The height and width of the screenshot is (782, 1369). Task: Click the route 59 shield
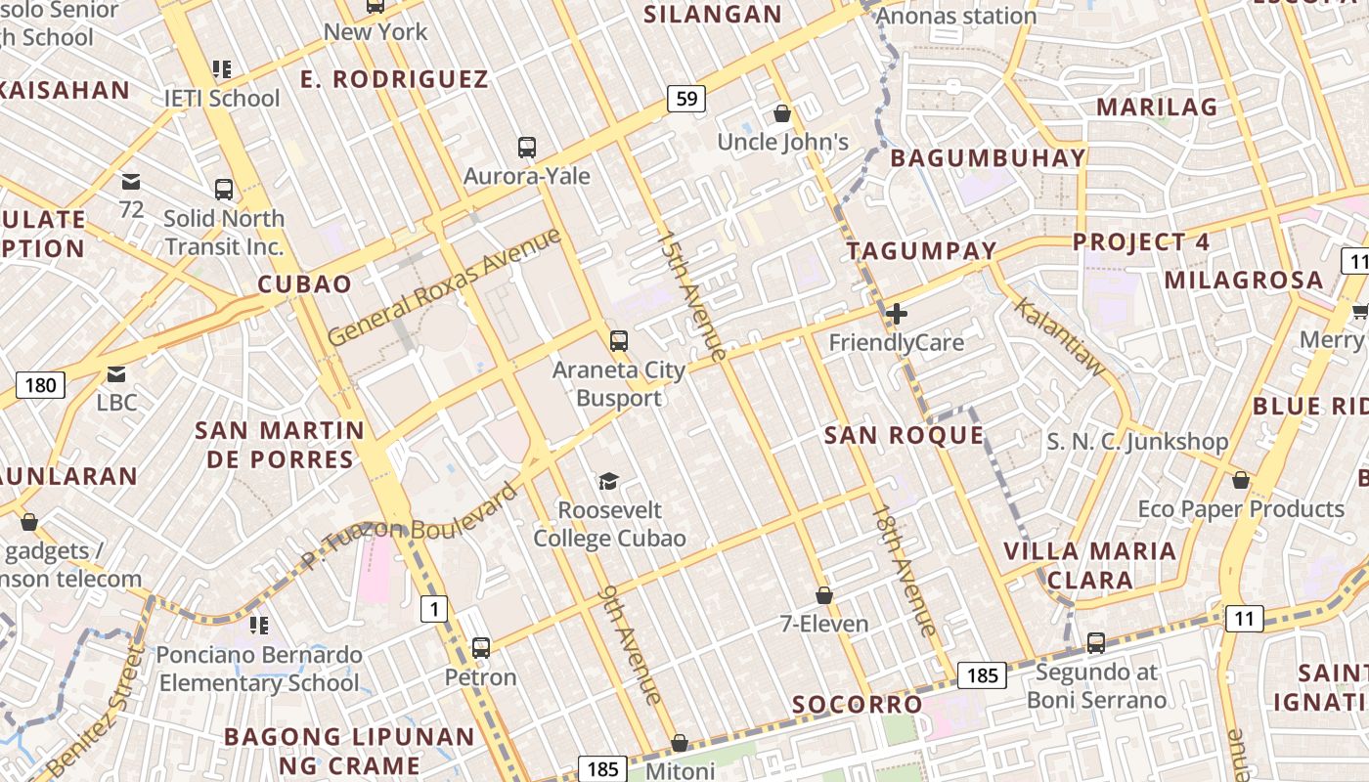click(686, 98)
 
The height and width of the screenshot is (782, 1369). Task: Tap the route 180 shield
click(40, 385)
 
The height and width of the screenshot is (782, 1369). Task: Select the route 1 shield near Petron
click(434, 610)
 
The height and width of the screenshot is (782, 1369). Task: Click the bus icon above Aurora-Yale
click(527, 148)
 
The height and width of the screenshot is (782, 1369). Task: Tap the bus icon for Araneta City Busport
click(619, 341)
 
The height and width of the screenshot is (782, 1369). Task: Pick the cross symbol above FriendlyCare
click(896, 314)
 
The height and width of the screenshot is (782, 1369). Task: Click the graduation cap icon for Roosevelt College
click(609, 481)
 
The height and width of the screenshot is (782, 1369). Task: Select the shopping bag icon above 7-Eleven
click(824, 595)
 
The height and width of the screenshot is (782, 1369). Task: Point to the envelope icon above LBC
click(116, 373)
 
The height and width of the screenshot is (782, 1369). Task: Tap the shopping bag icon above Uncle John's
click(782, 113)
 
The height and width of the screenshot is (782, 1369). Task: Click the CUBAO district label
click(304, 284)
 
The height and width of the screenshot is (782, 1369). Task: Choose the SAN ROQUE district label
click(904, 435)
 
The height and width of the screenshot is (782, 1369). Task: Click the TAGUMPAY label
click(921, 250)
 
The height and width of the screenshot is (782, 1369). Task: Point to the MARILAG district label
click(1157, 107)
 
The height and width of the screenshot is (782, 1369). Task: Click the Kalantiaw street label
click(1059, 337)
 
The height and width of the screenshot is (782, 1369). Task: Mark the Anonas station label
click(956, 16)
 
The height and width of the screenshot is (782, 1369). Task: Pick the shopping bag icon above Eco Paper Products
click(1241, 481)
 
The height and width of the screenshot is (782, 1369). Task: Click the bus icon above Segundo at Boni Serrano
click(1096, 643)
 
